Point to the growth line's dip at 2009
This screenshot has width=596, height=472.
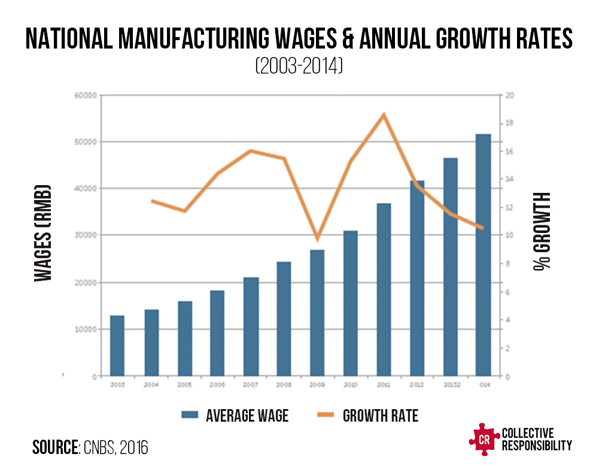tap(318, 239)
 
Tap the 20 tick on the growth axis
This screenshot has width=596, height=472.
tap(510, 95)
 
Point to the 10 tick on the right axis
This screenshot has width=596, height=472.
tap(510, 235)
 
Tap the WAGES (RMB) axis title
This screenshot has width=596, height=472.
tap(41, 234)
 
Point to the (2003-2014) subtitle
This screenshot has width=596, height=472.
tap(298, 66)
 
